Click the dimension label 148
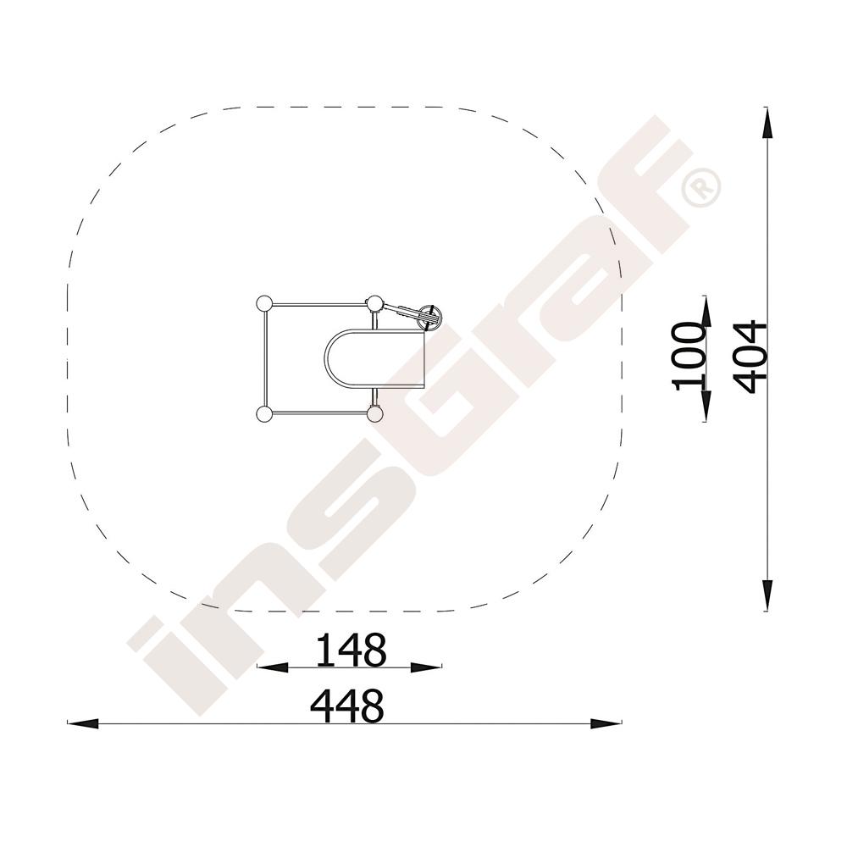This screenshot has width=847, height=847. (x=351, y=650)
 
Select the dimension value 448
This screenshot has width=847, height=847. (x=347, y=706)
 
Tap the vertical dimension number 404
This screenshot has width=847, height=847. (x=751, y=357)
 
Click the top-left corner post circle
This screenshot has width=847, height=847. (x=263, y=304)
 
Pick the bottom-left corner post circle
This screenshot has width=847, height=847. (x=263, y=414)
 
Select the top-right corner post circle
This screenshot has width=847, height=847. (x=374, y=304)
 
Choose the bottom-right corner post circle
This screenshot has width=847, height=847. (x=374, y=414)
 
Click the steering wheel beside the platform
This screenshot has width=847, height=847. (x=430, y=318)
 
